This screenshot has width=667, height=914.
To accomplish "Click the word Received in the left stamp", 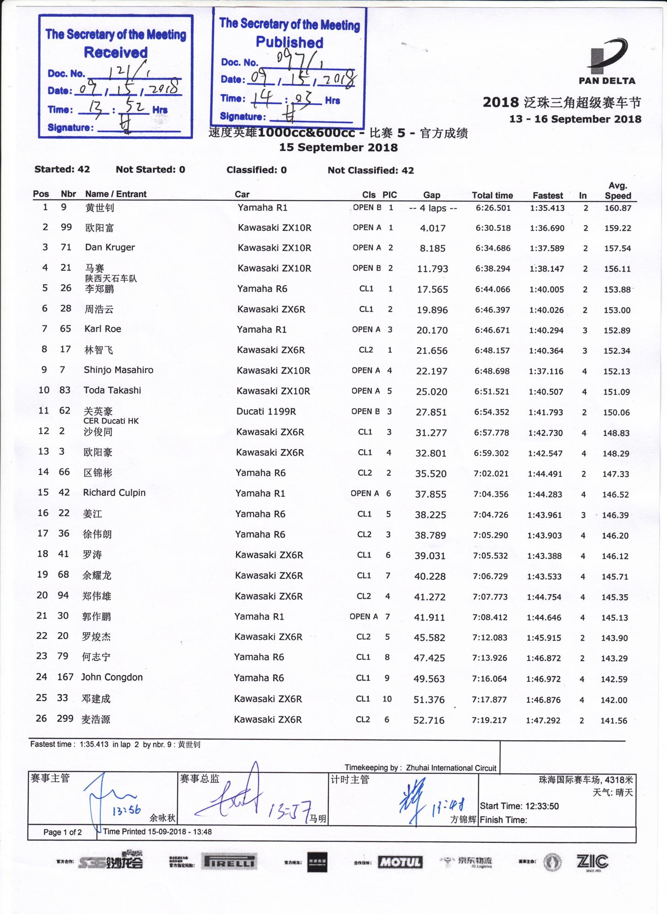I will point(116,53).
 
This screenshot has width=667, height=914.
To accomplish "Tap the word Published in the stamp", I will point(289,43).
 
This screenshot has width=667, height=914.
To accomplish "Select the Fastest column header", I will point(547,196).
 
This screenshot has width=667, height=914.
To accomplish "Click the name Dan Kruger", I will point(110,248).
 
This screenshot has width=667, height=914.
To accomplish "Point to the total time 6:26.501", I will point(493,208).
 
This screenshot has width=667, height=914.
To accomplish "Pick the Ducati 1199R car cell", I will point(266,411).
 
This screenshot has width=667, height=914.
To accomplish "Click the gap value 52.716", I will point(429,720).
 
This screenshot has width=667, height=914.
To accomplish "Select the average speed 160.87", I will point(618,208).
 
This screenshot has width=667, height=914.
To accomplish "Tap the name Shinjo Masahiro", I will point(118,370).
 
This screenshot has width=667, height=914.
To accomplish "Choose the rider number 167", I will point(65,677).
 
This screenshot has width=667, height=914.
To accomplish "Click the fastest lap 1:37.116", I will point(546,371).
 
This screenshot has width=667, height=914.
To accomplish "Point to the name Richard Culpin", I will point(114,493).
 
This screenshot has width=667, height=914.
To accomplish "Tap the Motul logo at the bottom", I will point(400,862).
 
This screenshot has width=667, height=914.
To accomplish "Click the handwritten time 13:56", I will point(127,810).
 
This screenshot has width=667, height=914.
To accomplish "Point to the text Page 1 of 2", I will point(63,832).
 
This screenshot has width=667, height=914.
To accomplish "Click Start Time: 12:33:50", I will point(519,806).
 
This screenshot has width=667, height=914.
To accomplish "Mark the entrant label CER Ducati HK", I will point(111,421).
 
